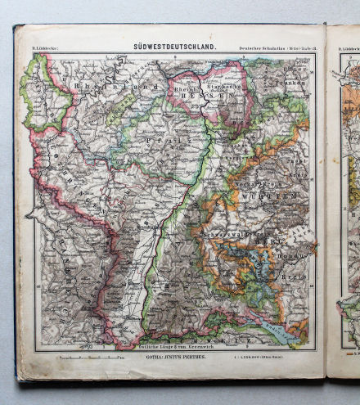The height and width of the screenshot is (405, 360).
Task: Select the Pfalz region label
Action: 155,141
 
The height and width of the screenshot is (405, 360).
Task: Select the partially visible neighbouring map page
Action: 344,205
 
